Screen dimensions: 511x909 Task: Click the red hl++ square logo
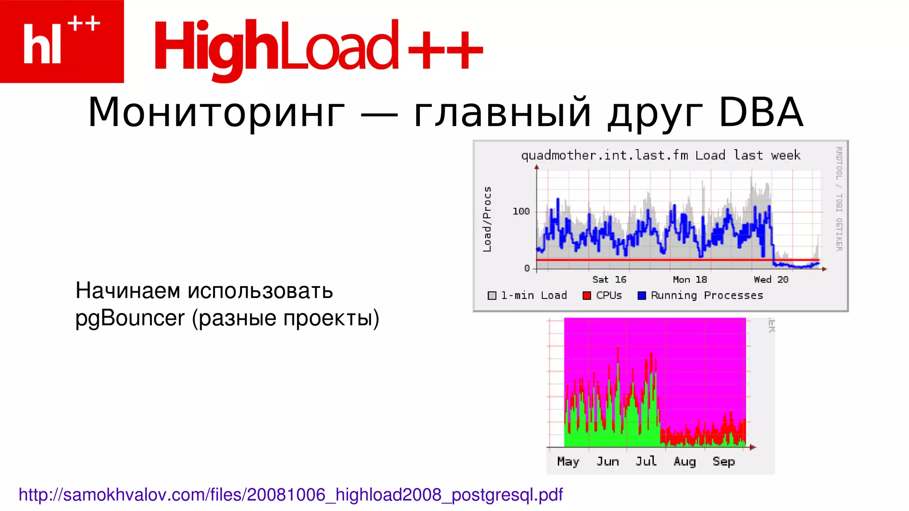(x=62, y=41)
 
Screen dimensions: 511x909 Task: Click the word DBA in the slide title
(x=760, y=113)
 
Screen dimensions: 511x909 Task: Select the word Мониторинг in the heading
(x=216, y=113)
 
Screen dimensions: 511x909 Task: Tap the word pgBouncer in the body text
(x=130, y=318)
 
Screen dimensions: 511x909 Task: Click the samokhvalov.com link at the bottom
(x=290, y=495)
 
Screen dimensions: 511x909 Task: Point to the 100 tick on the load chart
(x=521, y=212)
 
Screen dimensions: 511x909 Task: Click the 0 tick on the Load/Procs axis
(x=527, y=268)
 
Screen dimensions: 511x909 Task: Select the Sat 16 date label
(x=609, y=279)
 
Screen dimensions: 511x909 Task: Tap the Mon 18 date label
(x=690, y=279)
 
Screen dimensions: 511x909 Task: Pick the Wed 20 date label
(x=771, y=279)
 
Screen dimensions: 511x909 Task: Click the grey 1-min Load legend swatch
(x=492, y=295)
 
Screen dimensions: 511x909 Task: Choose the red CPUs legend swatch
(x=587, y=295)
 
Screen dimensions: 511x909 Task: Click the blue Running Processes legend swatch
(x=641, y=295)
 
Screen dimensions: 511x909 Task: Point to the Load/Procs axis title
(x=487, y=219)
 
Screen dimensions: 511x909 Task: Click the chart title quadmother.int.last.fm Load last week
(x=660, y=155)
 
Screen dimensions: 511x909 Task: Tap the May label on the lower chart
(x=568, y=461)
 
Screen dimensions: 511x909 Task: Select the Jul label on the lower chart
(x=646, y=461)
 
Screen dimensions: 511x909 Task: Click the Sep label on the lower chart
(x=723, y=461)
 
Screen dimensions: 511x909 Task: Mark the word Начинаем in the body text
(x=128, y=291)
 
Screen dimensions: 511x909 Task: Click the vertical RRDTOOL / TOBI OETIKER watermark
(x=839, y=199)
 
